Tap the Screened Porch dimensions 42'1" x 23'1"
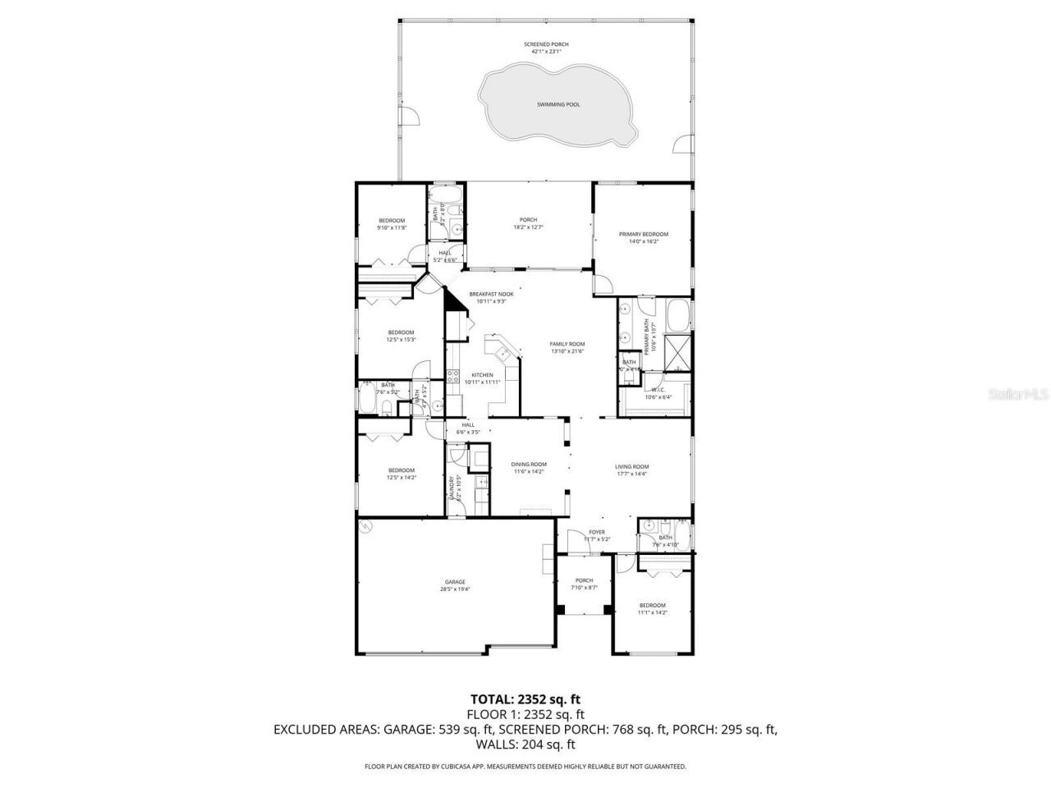546,52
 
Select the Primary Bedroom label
643,234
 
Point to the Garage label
455,582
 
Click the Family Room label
567,344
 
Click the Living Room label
631,467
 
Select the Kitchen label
482,375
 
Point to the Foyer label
596,532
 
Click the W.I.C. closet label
657,390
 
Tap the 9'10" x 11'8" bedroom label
392,220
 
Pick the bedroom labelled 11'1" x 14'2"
653,606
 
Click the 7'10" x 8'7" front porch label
584,581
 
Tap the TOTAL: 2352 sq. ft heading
525,699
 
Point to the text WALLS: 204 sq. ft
525,744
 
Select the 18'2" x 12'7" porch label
528,220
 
